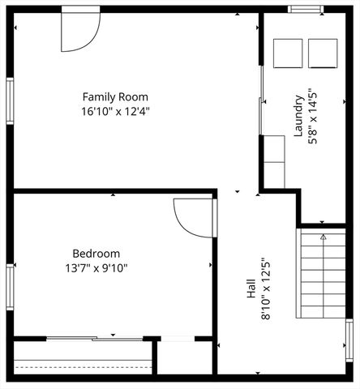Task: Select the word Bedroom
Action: pyautogui.click(x=96, y=253)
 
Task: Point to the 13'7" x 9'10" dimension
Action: pyautogui.click(x=96, y=267)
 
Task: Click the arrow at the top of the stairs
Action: pyautogui.click(x=323, y=237)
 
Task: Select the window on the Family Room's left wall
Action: pyautogui.click(x=10, y=103)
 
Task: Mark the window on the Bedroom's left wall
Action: pyautogui.click(x=10, y=288)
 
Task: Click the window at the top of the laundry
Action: pyautogui.click(x=306, y=10)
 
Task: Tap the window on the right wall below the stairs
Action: pyautogui.click(x=349, y=340)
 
